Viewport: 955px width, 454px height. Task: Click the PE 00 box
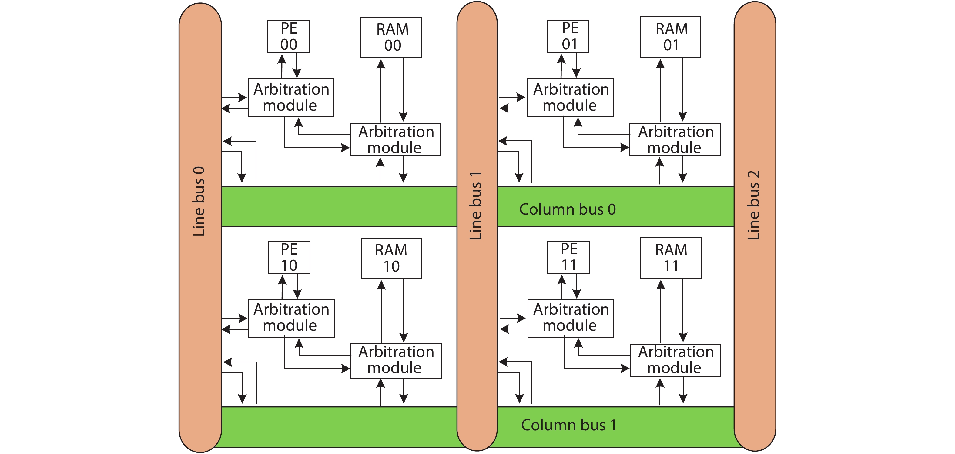pyautogui.click(x=288, y=37)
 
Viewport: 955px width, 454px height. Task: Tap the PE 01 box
pyautogui.click(x=568, y=36)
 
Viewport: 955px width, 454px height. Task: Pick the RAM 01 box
pyautogui.click(x=670, y=37)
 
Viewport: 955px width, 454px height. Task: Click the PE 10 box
pyautogui.click(x=289, y=258)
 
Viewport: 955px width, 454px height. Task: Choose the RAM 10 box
pyautogui.click(x=391, y=258)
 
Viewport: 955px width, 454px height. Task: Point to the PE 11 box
pyautogui.click(x=568, y=257)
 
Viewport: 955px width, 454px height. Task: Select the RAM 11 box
pyautogui.click(x=670, y=258)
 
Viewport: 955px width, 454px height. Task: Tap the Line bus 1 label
pyautogui.click(x=476, y=206)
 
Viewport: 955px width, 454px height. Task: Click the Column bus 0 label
pyautogui.click(x=567, y=209)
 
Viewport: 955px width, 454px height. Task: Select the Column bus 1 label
pyautogui.click(x=568, y=425)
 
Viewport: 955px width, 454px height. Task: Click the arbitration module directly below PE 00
pyautogui.click(x=291, y=98)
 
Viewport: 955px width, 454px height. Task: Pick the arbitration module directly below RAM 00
pyautogui.click(x=395, y=140)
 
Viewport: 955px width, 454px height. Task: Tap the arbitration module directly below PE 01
pyautogui.click(x=570, y=97)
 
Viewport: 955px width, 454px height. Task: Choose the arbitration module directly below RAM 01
pyautogui.click(x=675, y=140)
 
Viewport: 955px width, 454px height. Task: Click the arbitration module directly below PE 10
pyautogui.click(x=291, y=318)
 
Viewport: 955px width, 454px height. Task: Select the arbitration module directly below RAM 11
pyautogui.click(x=675, y=360)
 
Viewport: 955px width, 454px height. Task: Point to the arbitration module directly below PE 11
pyautogui.click(x=571, y=318)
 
